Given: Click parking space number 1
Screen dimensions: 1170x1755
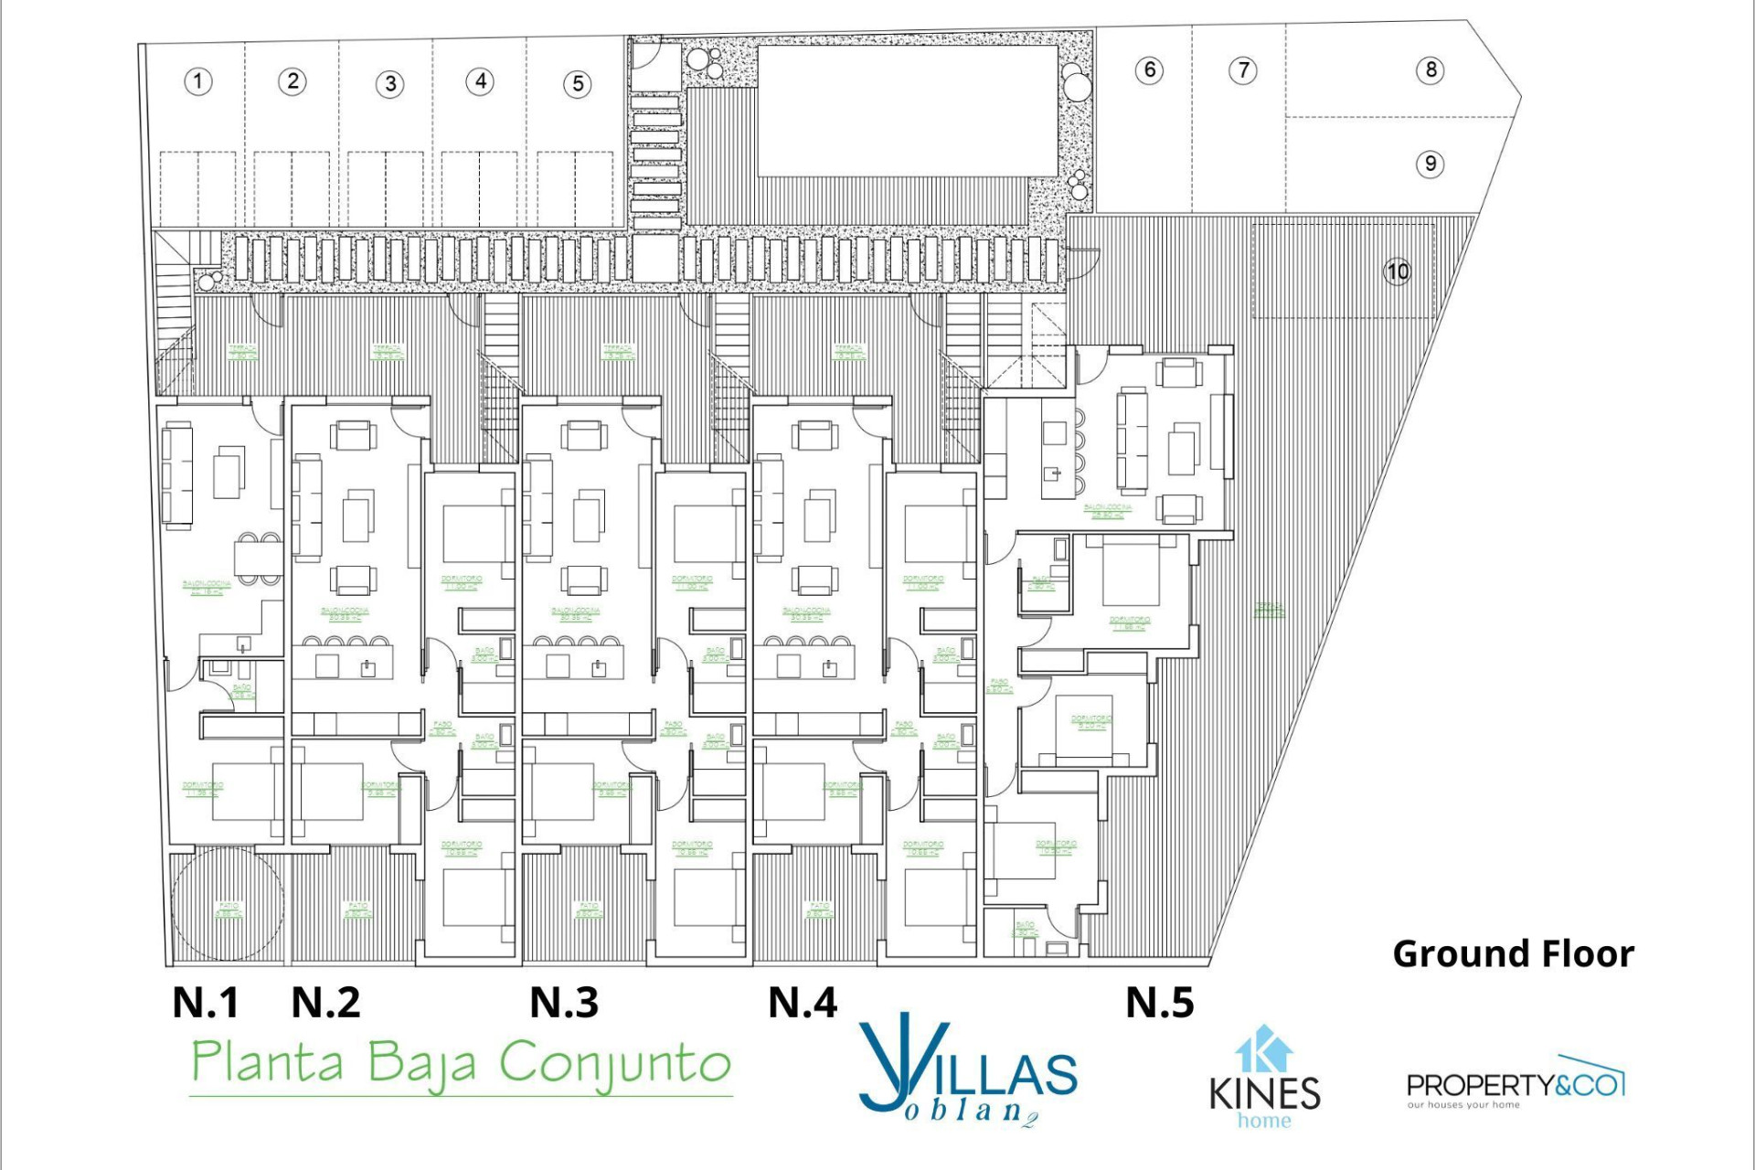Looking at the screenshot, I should click(x=198, y=81).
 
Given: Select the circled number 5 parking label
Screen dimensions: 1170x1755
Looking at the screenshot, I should click(x=578, y=84).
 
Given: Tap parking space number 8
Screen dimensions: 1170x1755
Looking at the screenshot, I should click(x=1431, y=69).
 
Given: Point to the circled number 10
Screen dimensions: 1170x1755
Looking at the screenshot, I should click(x=1398, y=271).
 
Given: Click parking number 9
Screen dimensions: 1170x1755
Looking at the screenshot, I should click(x=1431, y=164).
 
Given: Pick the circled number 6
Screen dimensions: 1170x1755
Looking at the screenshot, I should click(x=1150, y=69).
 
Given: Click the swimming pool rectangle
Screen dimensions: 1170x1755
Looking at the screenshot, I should click(x=907, y=111).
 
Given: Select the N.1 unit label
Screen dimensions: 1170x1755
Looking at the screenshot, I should click(x=206, y=1003).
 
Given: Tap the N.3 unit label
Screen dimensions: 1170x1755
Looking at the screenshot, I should click(x=564, y=1003).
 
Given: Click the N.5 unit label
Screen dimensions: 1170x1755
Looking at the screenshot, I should click(x=1159, y=1003).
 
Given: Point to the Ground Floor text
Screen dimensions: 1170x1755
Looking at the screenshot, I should click(x=1513, y=954).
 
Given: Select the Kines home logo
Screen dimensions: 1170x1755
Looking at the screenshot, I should click(x=1264, y=1079).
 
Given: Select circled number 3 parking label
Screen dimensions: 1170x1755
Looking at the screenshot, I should click(x=390, y=84).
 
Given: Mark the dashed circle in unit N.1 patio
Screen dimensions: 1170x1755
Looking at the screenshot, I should click(x=227, y=904).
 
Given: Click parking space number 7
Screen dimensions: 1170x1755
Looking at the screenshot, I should click(x=1243, y=69).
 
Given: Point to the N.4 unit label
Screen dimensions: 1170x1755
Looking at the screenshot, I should click(x=803, y=1003).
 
